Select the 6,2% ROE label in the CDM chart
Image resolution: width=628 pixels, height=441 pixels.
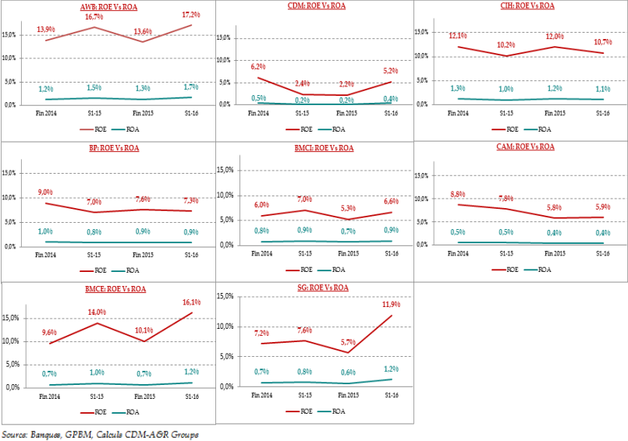(x=257, y=68)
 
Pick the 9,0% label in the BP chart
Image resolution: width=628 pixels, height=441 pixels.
(x=46, y=192)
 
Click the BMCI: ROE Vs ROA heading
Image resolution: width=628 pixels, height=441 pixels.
(x=316, y=146)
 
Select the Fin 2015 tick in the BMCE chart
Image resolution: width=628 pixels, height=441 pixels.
(x=141, y=397)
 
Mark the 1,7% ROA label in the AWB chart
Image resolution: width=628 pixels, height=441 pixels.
(x=192, y=88)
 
